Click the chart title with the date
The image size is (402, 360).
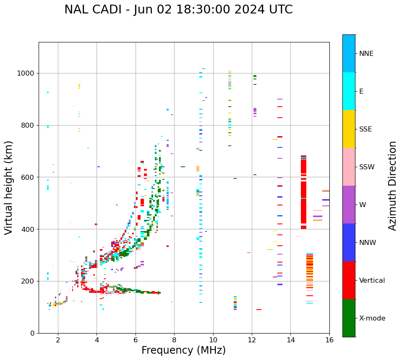tap(178, 10)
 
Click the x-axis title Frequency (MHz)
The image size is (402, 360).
tap(183, 350)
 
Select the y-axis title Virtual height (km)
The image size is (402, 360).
tap(9, 187)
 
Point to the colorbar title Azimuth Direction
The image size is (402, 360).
tap(392, 186)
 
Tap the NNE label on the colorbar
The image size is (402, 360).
tap(366, 54)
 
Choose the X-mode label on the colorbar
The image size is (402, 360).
tap(372, 318)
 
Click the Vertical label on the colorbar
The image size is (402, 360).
tap(372, 281)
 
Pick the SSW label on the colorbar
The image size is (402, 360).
tap(366, 167)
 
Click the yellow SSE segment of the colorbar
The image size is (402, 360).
tap(349, 129)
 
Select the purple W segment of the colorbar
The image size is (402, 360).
tap(349, 205)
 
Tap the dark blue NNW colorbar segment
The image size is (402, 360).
tap(349, 242)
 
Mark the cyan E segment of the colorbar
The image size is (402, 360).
tap(349, 91)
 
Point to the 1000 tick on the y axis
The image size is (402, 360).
tap(27, 74)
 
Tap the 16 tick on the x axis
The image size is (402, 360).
tap(329, 340)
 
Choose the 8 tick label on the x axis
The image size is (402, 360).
tap(174, 340)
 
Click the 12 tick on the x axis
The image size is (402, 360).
tap(252, 340)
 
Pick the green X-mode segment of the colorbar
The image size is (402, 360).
tap(349, 318)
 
